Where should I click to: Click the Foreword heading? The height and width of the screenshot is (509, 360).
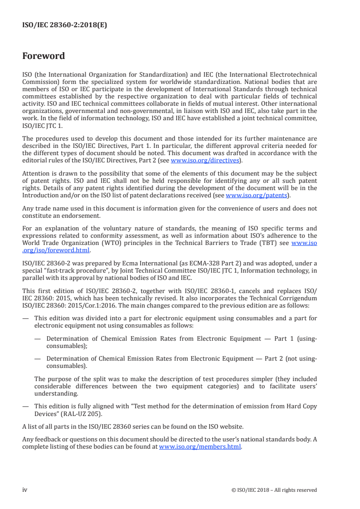(x=44, y=56)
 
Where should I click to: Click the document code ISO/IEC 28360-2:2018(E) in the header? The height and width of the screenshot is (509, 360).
(x=64, y=25)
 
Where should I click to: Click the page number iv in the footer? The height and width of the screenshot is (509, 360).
(x=25, y=489)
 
